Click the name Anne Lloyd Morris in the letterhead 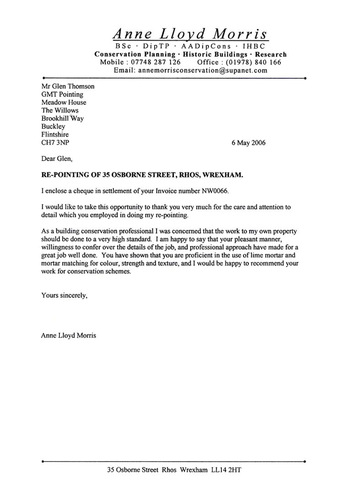coord(190,33)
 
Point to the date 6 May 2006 coord(248,142)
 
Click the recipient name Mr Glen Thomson coord(68,86)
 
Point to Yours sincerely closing coord(64,295)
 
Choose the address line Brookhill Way coord(62,118)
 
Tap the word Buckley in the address coord(53,126)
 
